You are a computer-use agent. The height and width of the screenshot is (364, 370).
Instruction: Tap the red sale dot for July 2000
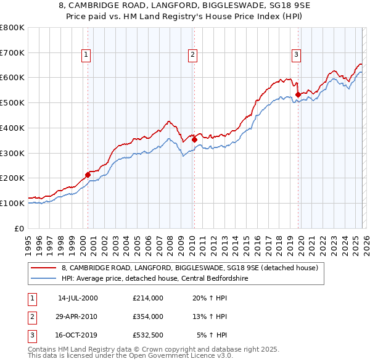click(x=88, y=175)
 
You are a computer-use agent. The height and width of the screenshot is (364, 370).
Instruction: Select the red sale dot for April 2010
click(x=194, y=139)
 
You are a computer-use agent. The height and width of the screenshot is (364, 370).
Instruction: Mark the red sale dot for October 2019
click(x=298, y=94)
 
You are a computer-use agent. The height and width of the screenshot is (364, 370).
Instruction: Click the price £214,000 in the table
click(x=147, y=297)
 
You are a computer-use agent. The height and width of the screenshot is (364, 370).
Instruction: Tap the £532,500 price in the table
click(x=147, y=336)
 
